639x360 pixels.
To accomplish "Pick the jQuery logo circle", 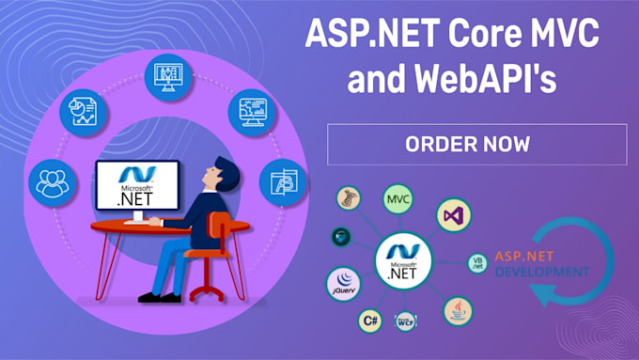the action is [x=343, y=283].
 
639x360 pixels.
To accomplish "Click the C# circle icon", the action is [x=369, y=321].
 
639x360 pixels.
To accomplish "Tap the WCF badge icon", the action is [x=406, y=321].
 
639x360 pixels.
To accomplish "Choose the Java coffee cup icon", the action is [x=458, y=309].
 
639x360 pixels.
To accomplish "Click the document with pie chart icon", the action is [x=79, y=111].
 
